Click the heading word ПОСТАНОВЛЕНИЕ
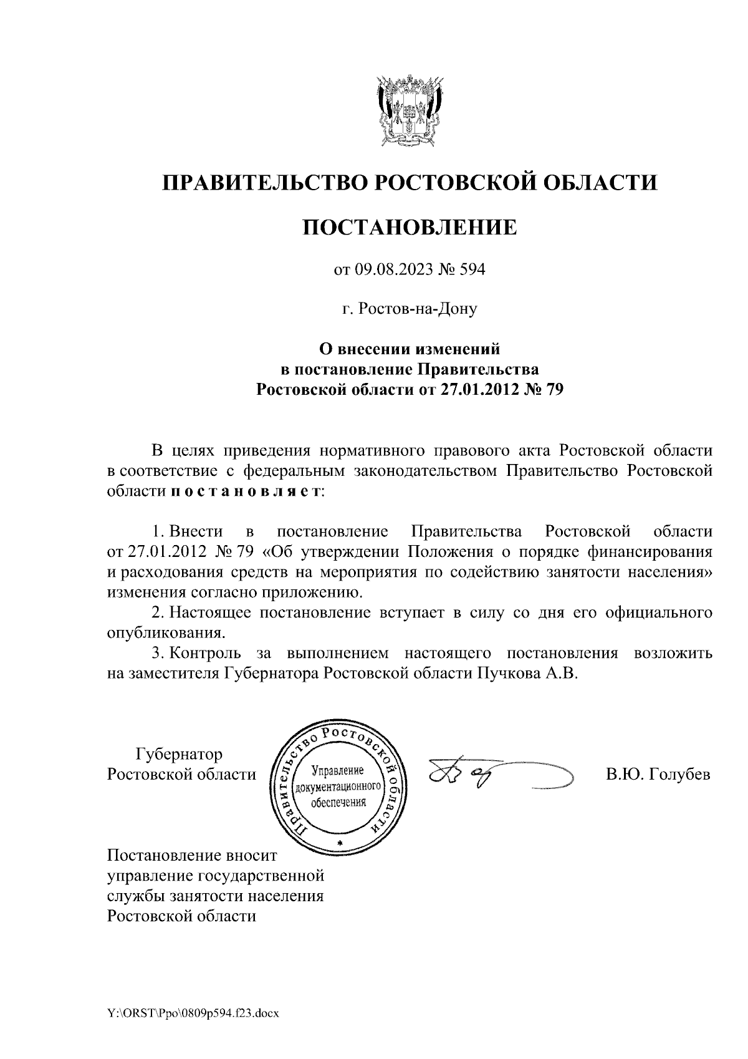tap(410, 227)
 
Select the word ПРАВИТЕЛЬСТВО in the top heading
tap(262, 182)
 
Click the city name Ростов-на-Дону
tap(417, 308)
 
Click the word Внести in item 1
tap(196, 531)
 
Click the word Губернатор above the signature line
tap(179, 754)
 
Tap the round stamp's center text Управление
tap(340, 771)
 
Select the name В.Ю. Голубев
tap(658, 775)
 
